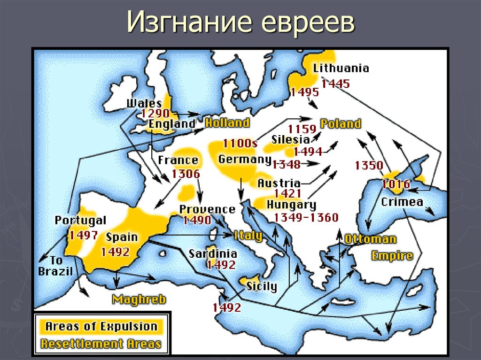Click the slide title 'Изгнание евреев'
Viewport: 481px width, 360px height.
(x=240, y=23)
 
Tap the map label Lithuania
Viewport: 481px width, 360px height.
(x=341, y=69)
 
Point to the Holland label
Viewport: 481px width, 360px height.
(x=227, y=123)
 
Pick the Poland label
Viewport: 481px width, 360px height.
(x=341, y=124)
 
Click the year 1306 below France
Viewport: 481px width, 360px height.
(x=186, y=173)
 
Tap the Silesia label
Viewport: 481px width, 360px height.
(x=290, y=139)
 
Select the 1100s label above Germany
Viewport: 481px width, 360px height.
(x=240, y=143)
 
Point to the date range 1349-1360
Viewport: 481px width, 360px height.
(x=306, y=217)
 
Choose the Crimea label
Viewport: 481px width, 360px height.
(x=402, y=202)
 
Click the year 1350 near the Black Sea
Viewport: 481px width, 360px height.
(x=369, y=165)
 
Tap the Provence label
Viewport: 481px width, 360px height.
(x=207, y=209)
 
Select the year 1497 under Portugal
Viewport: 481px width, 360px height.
(x=84, y=235)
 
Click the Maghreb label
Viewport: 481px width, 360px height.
(x=139, y=299)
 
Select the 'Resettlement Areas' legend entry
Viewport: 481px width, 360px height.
(x=101, y=343)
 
